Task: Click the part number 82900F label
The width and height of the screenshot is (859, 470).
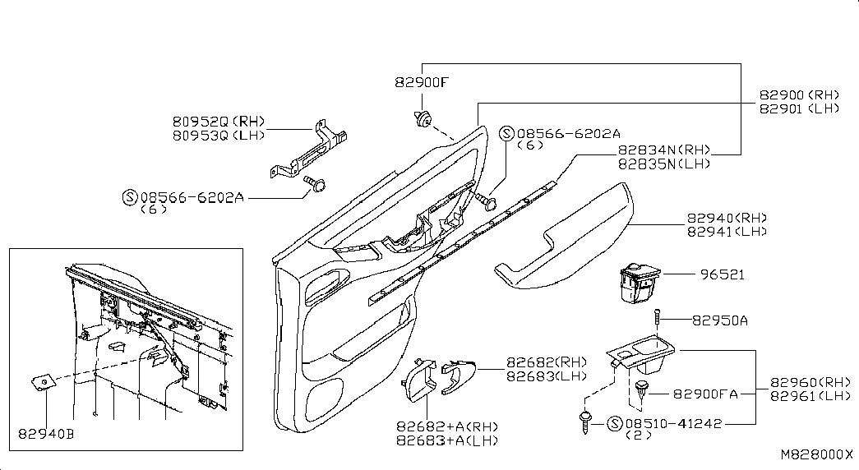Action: (422, 83)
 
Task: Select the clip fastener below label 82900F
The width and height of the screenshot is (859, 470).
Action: (423, 119)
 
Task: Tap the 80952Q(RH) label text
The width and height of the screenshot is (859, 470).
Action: (219, 121)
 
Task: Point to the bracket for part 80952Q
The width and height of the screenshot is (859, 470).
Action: (309, 149)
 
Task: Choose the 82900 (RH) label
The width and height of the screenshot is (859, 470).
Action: (799, 94)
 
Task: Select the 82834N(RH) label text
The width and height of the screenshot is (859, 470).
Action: (664, 150)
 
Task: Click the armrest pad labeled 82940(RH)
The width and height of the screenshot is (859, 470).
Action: (564, 237)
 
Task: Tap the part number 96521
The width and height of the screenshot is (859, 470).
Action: (723, 274)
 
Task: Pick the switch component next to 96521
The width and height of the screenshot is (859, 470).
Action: (640, 283)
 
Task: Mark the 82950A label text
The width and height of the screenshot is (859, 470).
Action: (720, 320)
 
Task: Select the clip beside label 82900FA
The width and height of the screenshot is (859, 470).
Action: (641, 390)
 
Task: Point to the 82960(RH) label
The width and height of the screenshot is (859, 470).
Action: (811, 382)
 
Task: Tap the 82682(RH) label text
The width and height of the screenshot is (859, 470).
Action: (546, 362)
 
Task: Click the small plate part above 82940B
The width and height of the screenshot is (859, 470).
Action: (42, 382)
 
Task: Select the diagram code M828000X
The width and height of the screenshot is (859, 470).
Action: (817, 454)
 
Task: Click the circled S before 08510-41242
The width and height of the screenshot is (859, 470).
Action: (615, 423)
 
